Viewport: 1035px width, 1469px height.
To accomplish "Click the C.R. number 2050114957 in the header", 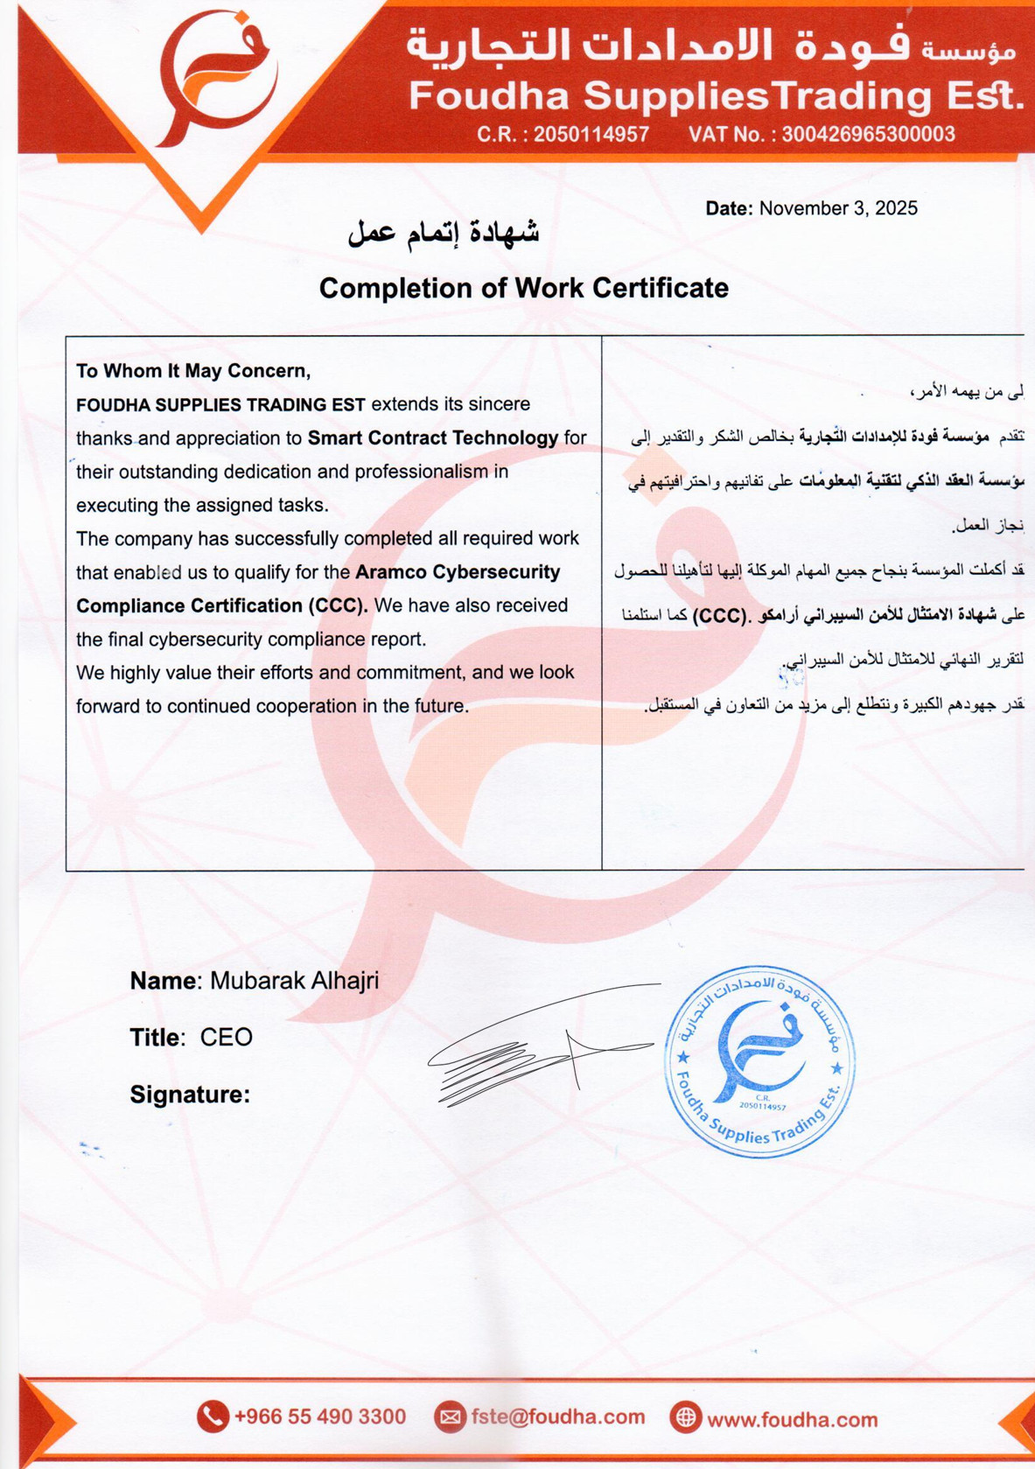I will tap(591, 135).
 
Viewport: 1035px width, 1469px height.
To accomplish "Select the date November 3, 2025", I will tap(837, 208).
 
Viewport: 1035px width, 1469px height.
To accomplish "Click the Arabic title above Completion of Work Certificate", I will tap(443, 233).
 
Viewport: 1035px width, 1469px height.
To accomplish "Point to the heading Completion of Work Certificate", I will tap(523, 288).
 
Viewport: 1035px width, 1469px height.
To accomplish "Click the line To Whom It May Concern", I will tap(192, 371).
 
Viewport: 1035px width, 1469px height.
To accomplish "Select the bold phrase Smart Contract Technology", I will tap(432, 437).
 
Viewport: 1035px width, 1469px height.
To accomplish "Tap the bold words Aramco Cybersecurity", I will tap(457, 572).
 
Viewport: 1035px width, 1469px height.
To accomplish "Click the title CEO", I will tap(226, 1038).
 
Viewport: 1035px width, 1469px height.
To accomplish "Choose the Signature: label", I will tap(190, 1095).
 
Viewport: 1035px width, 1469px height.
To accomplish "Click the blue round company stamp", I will tap(759, 1062).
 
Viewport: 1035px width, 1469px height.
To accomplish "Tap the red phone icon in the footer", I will tap(213, 1417).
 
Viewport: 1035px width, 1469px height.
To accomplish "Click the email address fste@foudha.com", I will tap(557, 1417).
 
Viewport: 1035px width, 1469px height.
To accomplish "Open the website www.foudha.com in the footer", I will tap(791, 1419).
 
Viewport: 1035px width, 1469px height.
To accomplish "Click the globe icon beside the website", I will tap(686, 1417).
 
